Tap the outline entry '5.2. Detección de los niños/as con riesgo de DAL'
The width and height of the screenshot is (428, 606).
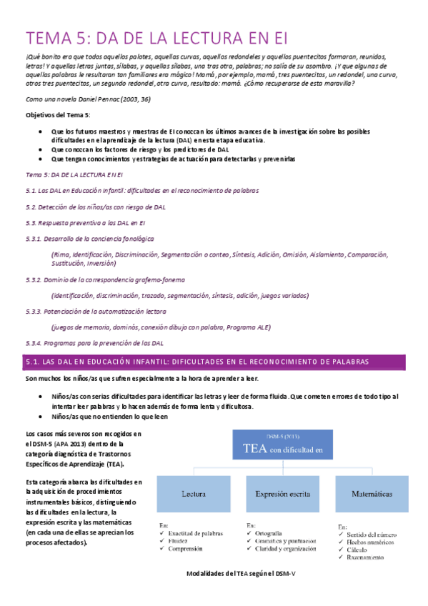click(95, 207)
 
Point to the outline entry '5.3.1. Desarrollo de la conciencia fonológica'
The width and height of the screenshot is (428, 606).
click(89, 238)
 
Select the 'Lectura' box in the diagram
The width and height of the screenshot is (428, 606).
click(194, 493)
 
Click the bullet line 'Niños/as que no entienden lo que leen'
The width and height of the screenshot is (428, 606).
click(110, 416)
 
